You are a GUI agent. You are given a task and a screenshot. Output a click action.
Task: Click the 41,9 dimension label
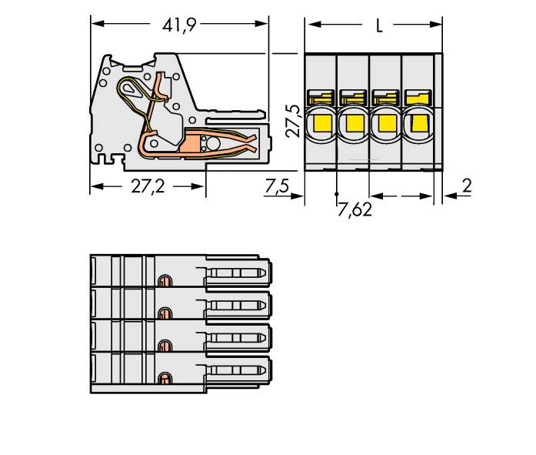179,25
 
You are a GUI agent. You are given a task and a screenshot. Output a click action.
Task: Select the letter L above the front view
378,25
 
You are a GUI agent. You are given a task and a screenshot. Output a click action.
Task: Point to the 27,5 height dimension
293,121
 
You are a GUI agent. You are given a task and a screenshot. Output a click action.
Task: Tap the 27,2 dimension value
148,187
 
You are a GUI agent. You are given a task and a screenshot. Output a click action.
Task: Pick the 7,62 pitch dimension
355,210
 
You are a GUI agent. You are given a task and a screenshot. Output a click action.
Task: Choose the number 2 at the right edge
467,185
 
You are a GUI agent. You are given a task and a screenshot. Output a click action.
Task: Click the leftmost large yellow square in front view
321,124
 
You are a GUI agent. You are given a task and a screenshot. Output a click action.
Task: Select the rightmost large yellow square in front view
418,124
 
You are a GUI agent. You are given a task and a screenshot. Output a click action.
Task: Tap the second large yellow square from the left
353,124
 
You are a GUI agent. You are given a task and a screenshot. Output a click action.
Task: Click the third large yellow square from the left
385,124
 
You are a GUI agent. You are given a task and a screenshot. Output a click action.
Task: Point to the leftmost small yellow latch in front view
321,98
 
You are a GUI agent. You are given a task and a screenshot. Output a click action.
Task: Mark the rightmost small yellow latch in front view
418,98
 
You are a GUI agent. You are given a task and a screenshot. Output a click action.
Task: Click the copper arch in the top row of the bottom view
164,279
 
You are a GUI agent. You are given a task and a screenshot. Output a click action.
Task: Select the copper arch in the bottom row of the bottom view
164,378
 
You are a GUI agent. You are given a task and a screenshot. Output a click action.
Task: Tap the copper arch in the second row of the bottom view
164,312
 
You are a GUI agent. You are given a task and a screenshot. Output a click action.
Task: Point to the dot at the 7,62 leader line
337,192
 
